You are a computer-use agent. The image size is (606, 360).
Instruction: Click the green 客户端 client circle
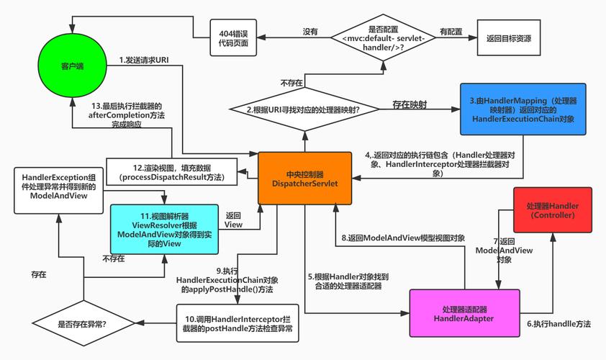pos(71,66)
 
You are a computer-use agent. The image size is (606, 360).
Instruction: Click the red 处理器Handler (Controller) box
pos(552,210)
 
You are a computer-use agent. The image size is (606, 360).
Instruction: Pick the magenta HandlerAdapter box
pos(463,314)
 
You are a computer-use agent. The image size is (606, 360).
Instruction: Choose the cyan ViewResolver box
pos(164,229)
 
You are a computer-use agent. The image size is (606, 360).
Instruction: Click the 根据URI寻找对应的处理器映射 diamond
pos(304,109)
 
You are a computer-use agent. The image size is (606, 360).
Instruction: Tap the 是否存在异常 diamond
pos(82,324)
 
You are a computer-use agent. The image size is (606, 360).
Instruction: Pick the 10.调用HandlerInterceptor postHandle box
pos(238,323)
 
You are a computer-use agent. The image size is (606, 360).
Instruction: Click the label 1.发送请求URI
pos(144,60)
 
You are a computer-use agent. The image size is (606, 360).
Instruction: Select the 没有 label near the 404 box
pos(310,32)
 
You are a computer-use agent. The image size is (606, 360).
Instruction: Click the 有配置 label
pos(451,32)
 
